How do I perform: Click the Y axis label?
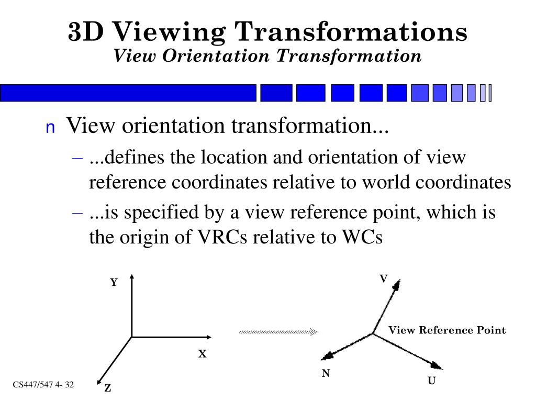coord(114,283)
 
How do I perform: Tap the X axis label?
coord(202,354)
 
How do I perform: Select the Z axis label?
coord(107,388)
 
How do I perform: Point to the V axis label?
coord(383,279)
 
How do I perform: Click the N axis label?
coord(326,373)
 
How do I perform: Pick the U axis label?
coord(431,381)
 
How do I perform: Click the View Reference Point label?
coord(447,330)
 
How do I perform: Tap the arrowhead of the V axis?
coord(397,284)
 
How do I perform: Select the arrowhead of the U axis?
coord(437,366)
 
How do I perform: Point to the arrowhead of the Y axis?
coord(131,277)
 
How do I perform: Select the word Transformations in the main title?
coord(350,32)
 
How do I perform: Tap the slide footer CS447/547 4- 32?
coord(43,385)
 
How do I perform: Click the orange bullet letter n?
coord(50,128)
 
